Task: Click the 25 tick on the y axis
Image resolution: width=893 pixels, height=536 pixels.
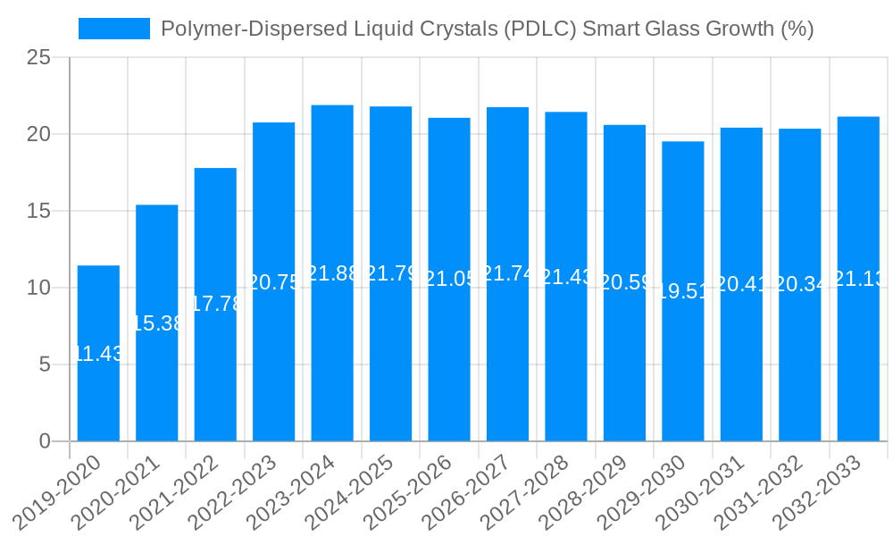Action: point(39,58)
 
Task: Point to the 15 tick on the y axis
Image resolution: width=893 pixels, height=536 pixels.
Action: point(39,212)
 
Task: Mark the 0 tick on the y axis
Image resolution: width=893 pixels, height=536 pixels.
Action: point(46,441)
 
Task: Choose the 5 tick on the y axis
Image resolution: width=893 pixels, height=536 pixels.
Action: point(46,364)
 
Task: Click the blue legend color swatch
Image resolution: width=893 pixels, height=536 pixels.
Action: point(114,29)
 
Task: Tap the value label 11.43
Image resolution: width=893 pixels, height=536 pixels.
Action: point(98,354)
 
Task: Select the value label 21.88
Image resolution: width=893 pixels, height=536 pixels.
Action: point(332,274)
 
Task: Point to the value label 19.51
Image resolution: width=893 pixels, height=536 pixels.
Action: point(683,292)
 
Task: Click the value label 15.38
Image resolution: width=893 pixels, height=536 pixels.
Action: point(157,323)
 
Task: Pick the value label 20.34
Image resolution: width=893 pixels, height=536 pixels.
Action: point(800,286)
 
